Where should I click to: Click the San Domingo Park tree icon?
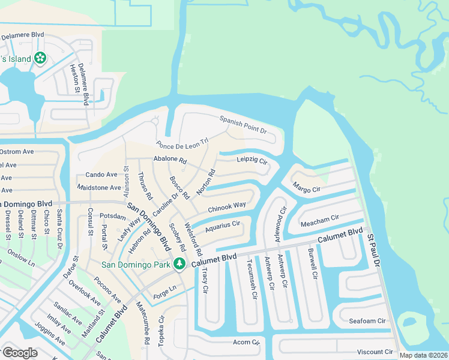pyautogui.click(x=179, y=263)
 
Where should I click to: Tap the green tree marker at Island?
pyautogui.click(x=40, y=58)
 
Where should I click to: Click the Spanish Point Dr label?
pyautogui.click(x=243, y=124)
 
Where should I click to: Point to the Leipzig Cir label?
pyautogui.click(x=252, y=161)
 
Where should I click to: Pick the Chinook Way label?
pyautogui.click(x=227, y=207)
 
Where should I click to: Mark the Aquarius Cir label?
pyautogui.click(x=222, y=227)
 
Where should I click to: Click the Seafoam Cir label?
pyautogui.click(x=368, y=321)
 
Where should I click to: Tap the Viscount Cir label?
pyautogui.click(x=375, y=352)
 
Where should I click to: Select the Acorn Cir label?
pyautogui.click(x=246, y=342)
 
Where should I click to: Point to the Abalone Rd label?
pyautogui.click(x=170, y=161)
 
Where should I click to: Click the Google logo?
pyautogui.click(x=20, y=353)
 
